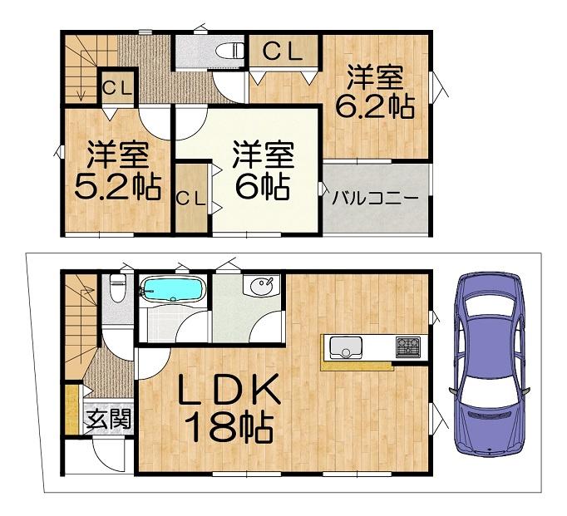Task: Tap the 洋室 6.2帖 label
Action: click(x=375, y=91)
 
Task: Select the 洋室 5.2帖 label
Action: click(x=117, y=171)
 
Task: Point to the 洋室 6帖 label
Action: click(x=263, y=171)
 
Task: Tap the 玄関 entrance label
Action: click(x=108, y=419)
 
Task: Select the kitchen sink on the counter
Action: click(x=346, y=347)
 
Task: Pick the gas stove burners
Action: click(x=408, y=347)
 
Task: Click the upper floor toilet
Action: click(x=230, y=50)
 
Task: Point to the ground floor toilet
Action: click(x=117, y=287)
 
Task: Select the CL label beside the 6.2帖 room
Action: click(x=283, y=52)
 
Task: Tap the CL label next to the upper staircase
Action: click(x=117, y=87)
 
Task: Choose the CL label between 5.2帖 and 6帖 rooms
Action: click(x=191, y=198)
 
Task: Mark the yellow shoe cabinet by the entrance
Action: click(x=72, y=410)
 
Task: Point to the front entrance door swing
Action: click(x=109, y=455)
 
